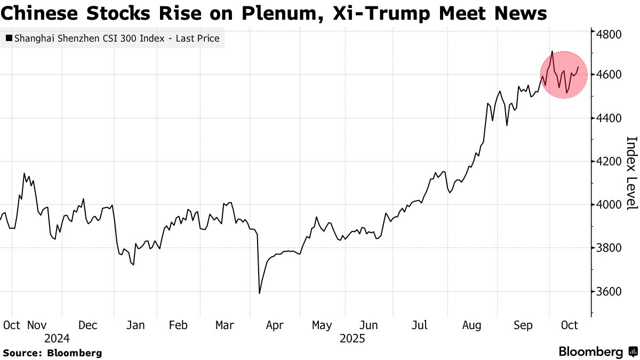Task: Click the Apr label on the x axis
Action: click(275, 325)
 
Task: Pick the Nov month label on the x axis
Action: click(37, 325)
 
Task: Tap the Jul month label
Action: click(420, 325)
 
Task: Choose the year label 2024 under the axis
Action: click(57, 339)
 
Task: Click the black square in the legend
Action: click(9, 38)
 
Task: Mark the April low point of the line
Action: click(259, 293)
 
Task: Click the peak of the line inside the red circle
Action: click(552, 51)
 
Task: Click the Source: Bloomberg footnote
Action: click(52, 353)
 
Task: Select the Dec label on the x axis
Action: click(87, 325)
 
